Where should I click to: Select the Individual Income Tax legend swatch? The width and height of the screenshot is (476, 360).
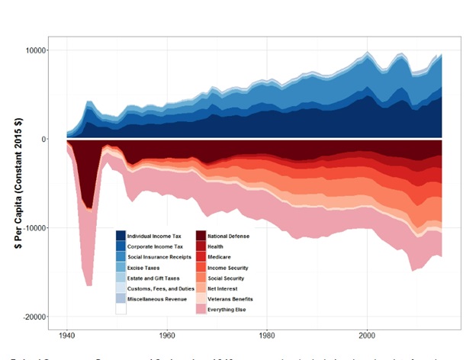point(121,236)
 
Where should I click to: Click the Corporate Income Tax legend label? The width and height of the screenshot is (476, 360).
point(155,247)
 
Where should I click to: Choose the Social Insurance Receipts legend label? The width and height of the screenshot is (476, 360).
point(159,258)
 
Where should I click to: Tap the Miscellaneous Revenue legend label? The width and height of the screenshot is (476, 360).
point(156,300)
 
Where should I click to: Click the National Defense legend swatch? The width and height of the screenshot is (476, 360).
point(201,236)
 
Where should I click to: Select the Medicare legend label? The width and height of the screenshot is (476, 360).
point(220,258)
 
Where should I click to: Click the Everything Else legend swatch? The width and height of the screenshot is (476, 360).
point(201,310)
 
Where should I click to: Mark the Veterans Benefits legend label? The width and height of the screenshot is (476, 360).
point(230,300)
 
